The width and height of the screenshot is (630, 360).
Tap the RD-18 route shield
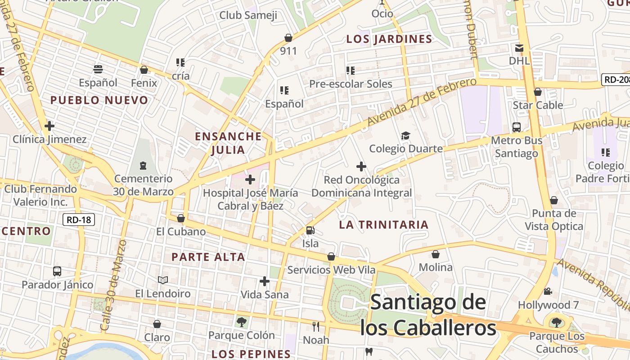click(78, 220)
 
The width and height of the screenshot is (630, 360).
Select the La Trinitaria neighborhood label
click(383, 225)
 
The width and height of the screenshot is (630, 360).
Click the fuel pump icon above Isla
click(310, 230)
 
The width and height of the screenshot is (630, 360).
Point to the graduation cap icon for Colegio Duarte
click(405, 136)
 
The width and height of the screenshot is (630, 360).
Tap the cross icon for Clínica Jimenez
click(49, 126)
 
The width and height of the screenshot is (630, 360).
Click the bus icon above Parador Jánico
click(57, 271)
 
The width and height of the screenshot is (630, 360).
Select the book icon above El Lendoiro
click(163, 280)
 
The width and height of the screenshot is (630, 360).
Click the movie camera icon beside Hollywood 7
click(548, 292)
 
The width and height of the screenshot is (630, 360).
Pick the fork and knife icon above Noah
click(316, 326)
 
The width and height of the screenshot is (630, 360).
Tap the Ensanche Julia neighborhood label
click(228, 143)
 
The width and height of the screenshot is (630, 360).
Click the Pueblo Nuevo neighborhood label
click(99, 100)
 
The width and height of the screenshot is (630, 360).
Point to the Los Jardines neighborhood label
click(389, 39)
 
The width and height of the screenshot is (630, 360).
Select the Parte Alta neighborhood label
click(208, 257)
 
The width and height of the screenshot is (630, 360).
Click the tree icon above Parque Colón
click(242, 322)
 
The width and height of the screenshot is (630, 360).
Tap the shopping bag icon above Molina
click(435, 255)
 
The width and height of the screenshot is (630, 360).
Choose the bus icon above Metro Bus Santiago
click(517, 127)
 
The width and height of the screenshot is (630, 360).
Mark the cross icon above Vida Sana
click(265, 282)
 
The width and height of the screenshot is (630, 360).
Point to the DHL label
click(519, 60)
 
